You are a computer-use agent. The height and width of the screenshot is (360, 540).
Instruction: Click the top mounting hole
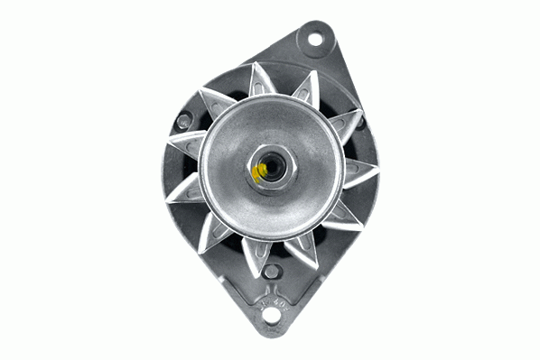pyautogui.click(x=314, y=39)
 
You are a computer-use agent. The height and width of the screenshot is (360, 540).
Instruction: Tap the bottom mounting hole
pyautogui.click(x=269, y=316)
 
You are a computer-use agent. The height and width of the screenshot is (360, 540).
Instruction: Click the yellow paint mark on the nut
pyautogui.click(x=258, y=171)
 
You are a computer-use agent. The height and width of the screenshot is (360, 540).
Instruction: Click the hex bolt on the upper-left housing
pyautogui.click(x=184, y=119)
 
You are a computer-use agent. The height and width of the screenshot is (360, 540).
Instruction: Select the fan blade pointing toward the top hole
pyautogui.click(x=305, y=90)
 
